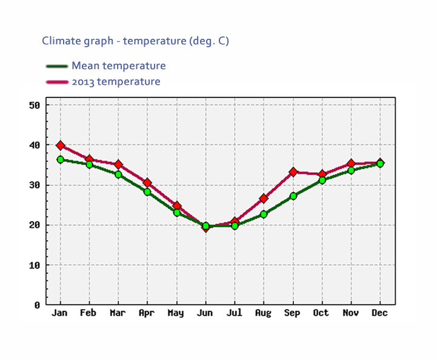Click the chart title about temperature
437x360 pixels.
click(135, 41)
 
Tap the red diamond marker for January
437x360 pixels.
click(60, 145)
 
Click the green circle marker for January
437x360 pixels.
click(60, 159)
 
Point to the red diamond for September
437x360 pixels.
click(293, 172)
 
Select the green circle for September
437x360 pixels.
click(293, 196)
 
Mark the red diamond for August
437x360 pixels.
click(264, 198)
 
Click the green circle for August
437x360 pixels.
click(264, 214)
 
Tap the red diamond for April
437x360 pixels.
click(147, 182)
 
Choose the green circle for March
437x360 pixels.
click(118, 175)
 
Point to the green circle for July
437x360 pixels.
click(235, 225)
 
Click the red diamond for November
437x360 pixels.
click(351, 164)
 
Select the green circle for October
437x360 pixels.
click(322, 180)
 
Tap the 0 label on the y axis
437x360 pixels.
click(36, 305)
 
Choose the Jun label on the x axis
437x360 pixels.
click(205, 313)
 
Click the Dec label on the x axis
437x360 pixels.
click(380, 313)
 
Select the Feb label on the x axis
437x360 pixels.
click(89, 313)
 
